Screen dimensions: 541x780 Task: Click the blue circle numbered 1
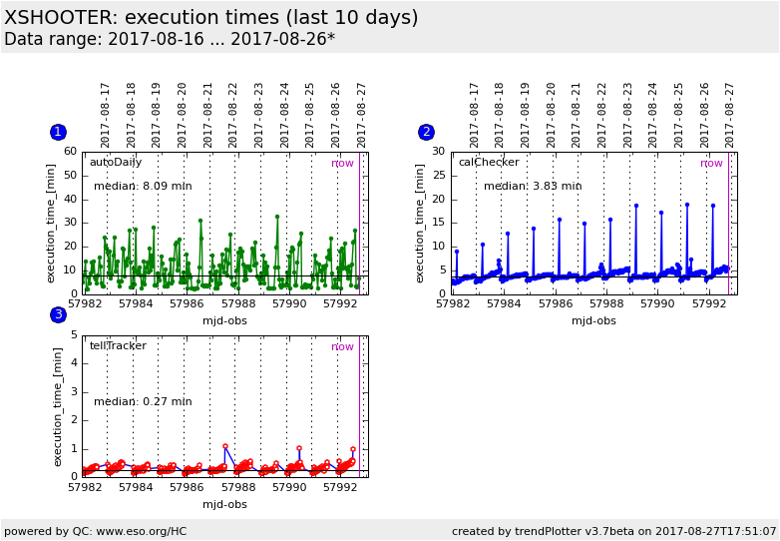click(58, 132)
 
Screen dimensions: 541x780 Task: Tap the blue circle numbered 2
click(426, 132)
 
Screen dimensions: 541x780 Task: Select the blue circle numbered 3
click(58, 314)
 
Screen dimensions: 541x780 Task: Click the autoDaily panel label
click(116, 162)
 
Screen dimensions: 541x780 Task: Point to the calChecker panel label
click(489, 162)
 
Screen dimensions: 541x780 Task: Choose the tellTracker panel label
click(118, 346)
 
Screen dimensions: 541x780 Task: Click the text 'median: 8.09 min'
click(143, 186)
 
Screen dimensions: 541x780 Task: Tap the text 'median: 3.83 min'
click(533, 186)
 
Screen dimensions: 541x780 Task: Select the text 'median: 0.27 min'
click(143, 402)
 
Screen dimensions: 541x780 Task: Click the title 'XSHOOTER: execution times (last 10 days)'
click(211, 18)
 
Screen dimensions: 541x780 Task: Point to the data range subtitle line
click(170, 40)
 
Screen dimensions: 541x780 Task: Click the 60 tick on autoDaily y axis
click(70, 152)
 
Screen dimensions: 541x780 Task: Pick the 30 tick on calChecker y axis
click(439, 152)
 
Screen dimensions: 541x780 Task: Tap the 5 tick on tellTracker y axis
click(74, 336)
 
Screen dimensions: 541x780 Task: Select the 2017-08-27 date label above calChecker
click(730, 115)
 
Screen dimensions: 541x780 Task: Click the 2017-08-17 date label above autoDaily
click(106, 115)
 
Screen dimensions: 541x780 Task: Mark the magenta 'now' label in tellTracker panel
click(342, 347)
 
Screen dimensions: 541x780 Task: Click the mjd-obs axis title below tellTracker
click(224, 504)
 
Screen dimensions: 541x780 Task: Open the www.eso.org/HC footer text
click(127, 531)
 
